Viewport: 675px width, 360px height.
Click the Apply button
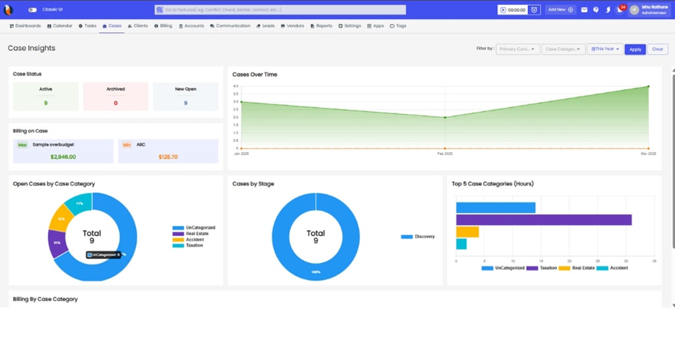(x=635, y=49)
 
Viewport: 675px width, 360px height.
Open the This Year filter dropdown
(x=604, y=49)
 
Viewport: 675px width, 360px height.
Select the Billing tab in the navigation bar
(x=163, y=26)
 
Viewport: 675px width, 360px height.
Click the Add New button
(x=561, y=10)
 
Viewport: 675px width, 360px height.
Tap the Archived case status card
(x=115, y=96)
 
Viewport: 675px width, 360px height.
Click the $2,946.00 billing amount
(x=63, y=157)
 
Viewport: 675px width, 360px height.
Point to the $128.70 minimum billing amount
(x=168, y=157)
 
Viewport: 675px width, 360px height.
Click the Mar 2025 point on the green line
(x=649, y=86)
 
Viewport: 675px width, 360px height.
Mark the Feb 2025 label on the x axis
(x=445, y=154)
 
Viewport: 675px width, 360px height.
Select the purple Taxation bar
(x=543, y=220)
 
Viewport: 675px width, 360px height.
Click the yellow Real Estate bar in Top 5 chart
(x=467, y=232)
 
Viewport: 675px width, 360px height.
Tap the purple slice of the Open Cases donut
(x=57, y=242)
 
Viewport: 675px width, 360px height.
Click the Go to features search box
(x=280, y=10)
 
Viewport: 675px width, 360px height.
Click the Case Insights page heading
(x=32, y=48)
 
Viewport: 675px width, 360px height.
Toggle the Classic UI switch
(x=32, y=10)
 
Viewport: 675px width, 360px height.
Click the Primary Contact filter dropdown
(x=517, y=49)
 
